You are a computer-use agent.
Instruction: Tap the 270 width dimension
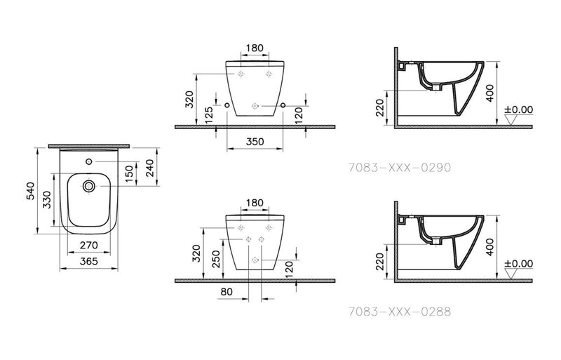88,246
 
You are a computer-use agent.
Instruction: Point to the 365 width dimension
88,261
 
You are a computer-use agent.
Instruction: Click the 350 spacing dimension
255,142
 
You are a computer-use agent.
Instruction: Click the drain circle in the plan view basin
89,187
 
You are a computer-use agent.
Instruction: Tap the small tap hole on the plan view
88,163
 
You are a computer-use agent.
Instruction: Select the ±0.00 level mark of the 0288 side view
518,264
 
